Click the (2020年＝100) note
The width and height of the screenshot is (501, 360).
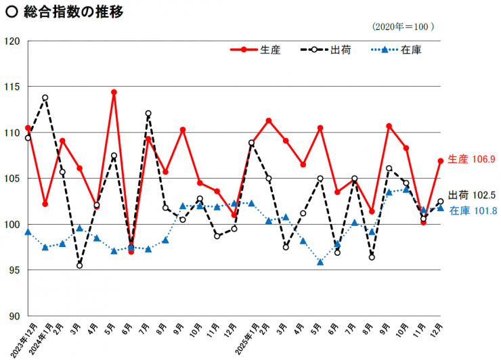coord(403,27)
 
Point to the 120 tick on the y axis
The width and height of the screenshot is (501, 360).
coord(13,41)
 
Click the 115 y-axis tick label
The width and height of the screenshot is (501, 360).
coord(13,87)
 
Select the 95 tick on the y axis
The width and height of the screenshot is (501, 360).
coord(14,270)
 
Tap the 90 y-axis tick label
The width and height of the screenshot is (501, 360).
coord(14,315)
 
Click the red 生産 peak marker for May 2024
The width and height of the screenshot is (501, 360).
coord(114,92)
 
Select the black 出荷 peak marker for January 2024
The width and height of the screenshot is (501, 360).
coord(45,97)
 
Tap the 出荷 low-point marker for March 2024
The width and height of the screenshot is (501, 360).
coord(79,265)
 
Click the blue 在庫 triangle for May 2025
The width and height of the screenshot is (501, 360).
coord(320,262)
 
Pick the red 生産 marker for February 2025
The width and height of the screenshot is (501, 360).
coord(269,120)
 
